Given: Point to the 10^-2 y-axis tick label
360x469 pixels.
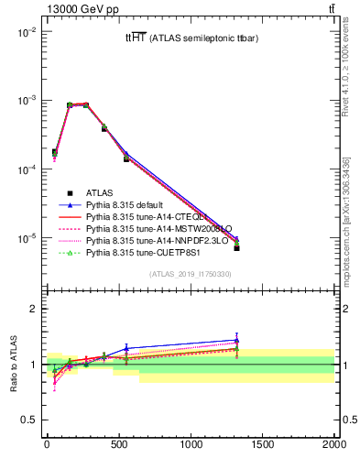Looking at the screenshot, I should [26, 32].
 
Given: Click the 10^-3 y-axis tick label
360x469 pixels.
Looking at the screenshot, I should [26, 101].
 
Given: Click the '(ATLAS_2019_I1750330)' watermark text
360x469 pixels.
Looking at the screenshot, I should [190, 274].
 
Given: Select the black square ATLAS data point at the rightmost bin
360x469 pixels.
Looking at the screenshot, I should [237, 247].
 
